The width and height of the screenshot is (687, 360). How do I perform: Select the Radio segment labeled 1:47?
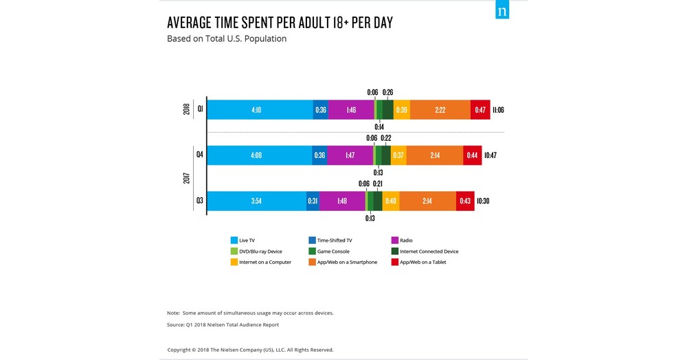[350, 155]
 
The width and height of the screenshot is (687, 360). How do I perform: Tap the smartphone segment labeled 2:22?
[440, 110]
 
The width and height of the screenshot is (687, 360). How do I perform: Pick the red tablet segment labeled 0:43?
[465, 201]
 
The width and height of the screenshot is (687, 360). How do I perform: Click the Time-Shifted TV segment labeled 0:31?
[313, 201]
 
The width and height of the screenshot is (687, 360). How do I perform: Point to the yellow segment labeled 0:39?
[401, 110]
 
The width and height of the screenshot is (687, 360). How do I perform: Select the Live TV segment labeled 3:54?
[256, 201]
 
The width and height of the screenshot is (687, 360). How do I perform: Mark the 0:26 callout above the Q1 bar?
[387, 92]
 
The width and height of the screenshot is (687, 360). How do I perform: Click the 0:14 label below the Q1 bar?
[379, 127]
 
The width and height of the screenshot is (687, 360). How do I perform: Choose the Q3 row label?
[199, 201]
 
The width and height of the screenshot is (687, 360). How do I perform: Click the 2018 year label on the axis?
[187, 109]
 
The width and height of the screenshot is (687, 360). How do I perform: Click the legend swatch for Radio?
[395, 240]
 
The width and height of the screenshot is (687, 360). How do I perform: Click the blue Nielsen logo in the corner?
[502, 12]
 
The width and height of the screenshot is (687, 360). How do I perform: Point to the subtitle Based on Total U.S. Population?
[227, 39]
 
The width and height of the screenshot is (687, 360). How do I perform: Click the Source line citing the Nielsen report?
[223, 324]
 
